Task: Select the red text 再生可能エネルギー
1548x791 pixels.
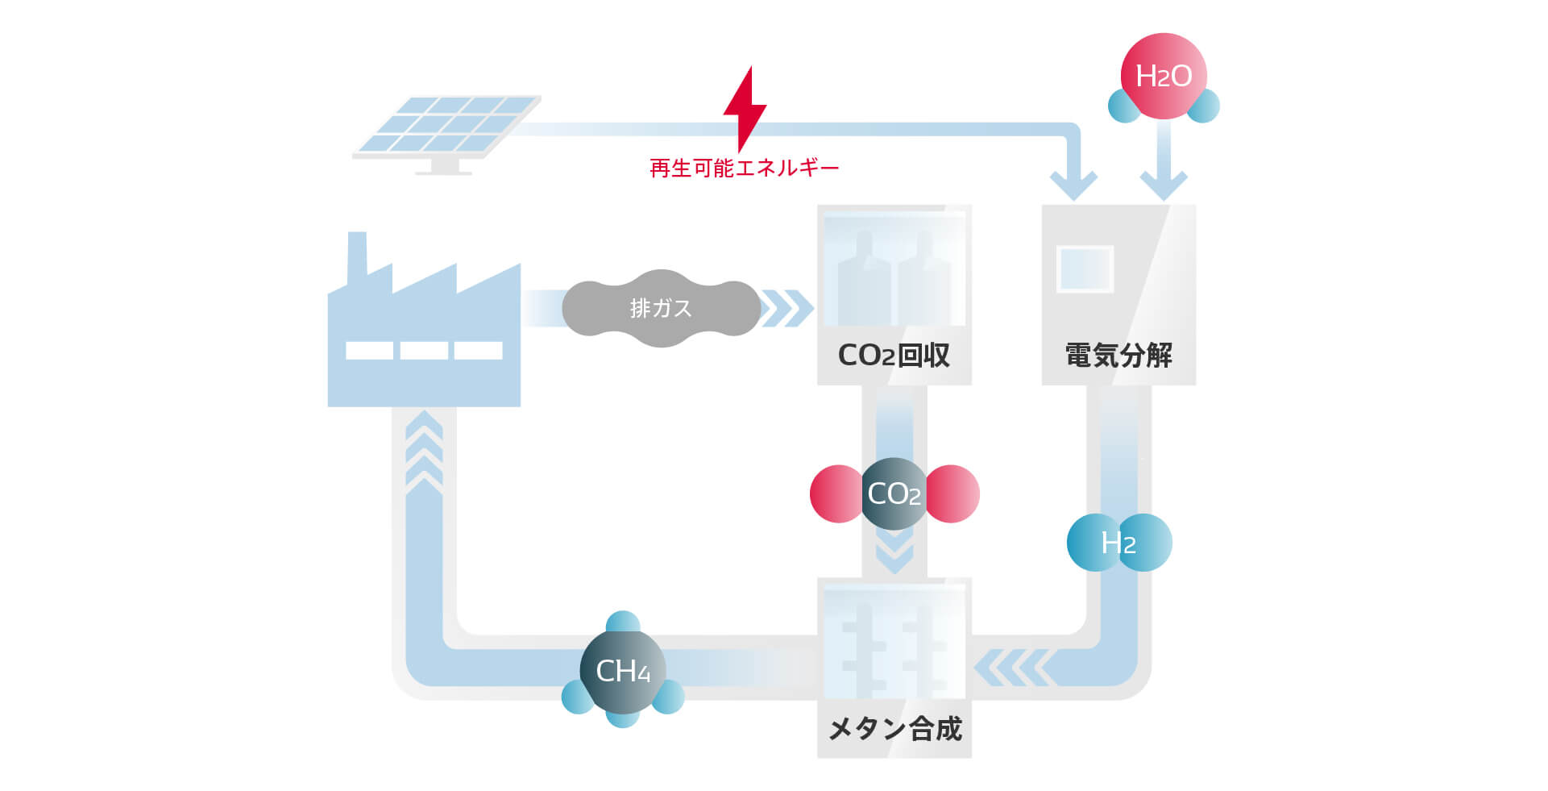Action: click(x=744, y=169)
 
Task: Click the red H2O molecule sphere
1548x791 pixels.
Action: click(x=1163, y=76)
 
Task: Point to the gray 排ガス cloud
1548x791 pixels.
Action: click(x=661, y=308)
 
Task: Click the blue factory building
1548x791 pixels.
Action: click(x=424, y=339)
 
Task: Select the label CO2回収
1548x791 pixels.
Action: click(x=894, y=356)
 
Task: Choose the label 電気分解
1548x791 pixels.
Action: click(x=1118, y=356)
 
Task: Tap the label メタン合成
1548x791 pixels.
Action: click(x=894, y=729)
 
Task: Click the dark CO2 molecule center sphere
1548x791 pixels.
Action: click(x=894, y=493)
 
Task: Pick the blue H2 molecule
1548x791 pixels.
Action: click(x=1118, y=543)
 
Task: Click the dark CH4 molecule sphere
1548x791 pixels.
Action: click(x=622, y=671)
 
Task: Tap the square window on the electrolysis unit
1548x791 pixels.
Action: click(x=1085, y=269)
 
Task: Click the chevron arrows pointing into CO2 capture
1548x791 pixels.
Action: click(x=786, y=309)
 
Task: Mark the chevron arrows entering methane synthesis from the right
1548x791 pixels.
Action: click(x=1012, y=668)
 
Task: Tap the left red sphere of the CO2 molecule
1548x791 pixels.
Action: click(x=835, y=493)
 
